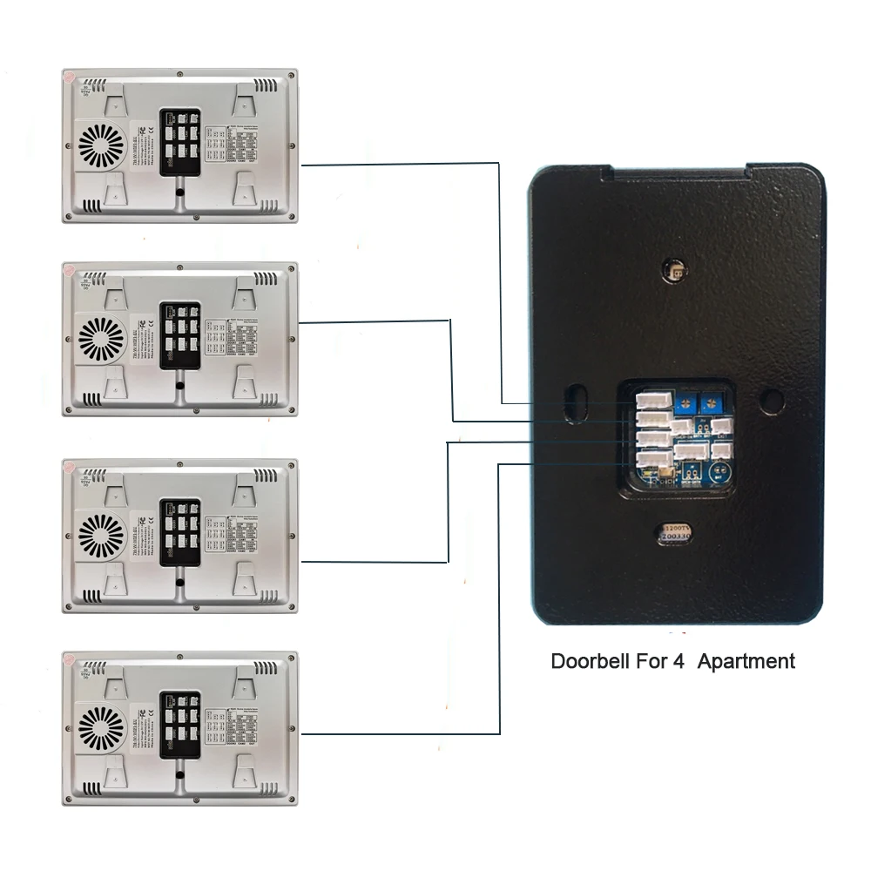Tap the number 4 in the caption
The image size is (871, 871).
coord(678,661)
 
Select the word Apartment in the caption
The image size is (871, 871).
coord(746,661)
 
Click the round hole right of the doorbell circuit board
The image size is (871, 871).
coord(770,401)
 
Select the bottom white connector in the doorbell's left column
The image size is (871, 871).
coord(651,462)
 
